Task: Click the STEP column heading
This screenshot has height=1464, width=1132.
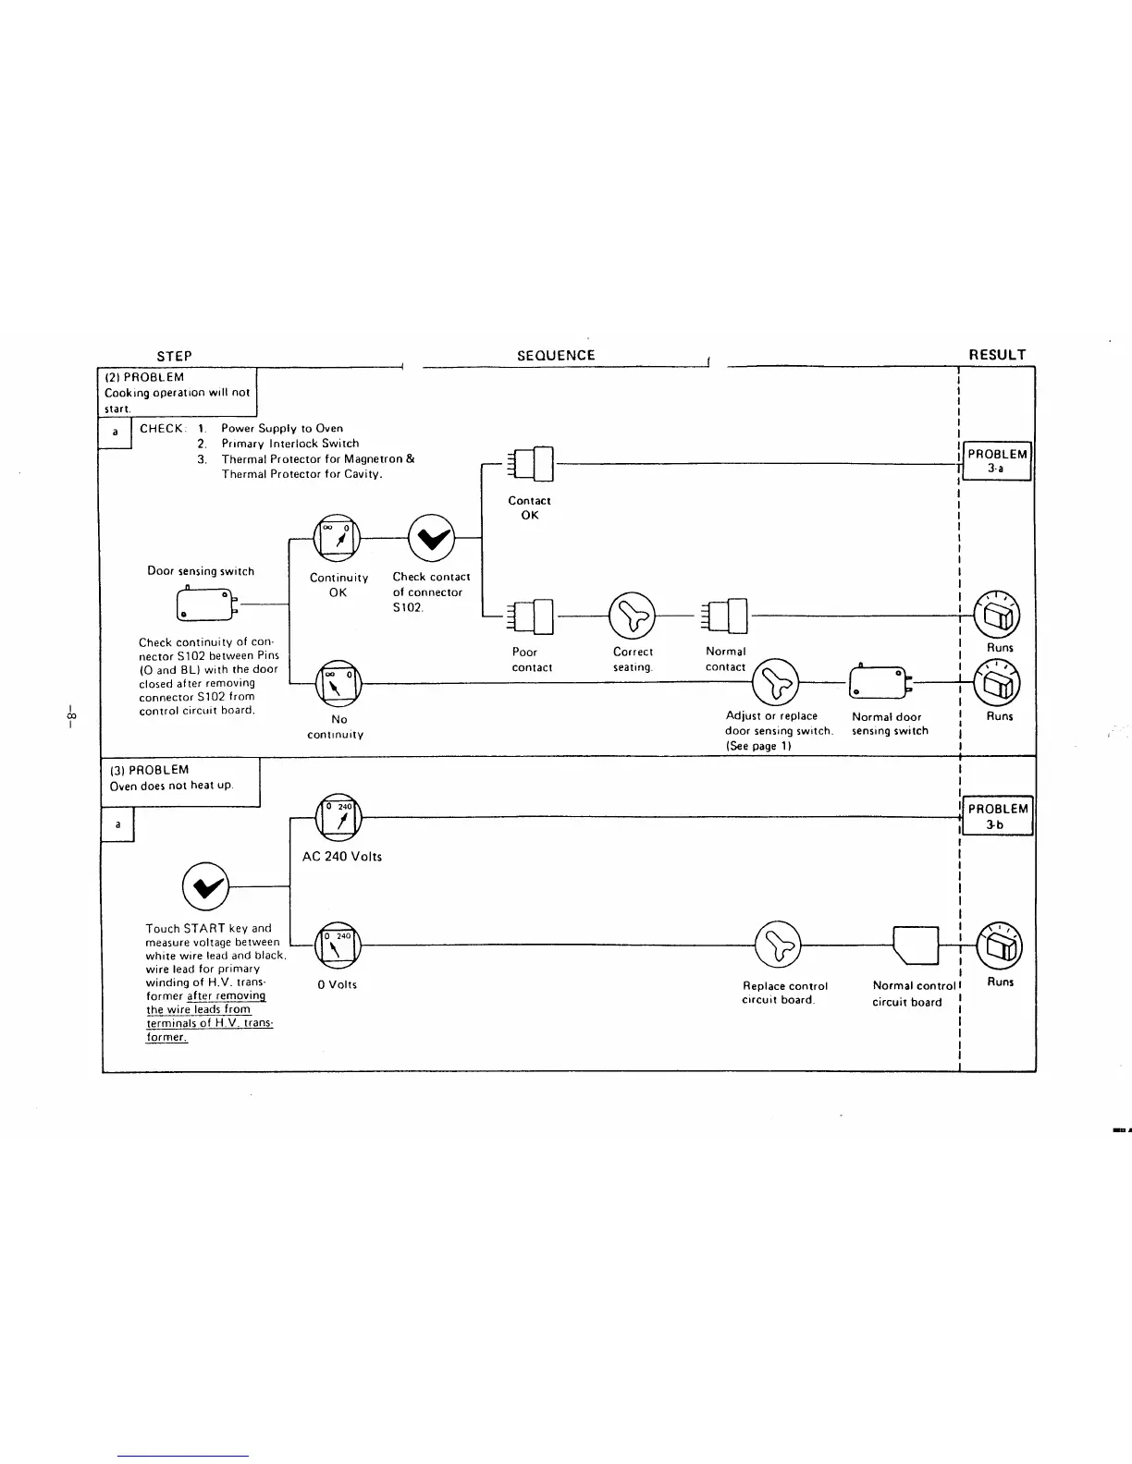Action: [174, 356]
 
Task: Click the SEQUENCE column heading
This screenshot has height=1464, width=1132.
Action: [556, 356]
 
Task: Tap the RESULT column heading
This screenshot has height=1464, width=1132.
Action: [997, 355]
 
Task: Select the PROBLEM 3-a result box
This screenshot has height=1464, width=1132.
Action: [997, 461]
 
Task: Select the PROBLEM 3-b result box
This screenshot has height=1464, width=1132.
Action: [997, 816]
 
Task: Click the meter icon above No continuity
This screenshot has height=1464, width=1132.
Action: [338, 684]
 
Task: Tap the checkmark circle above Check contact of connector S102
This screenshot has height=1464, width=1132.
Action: [432, 538]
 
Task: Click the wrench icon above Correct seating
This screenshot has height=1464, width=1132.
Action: [634, 616]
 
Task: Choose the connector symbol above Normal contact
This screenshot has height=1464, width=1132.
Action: [727, 616]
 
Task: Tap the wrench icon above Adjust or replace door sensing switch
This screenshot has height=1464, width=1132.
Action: [775, 683]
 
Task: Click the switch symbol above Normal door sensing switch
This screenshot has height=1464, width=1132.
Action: [880, 683]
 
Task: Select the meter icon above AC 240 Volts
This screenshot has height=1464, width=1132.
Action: [338, 817]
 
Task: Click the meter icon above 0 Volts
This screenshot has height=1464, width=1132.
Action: [338, 945]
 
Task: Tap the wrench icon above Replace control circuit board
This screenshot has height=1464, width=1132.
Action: [779, 945]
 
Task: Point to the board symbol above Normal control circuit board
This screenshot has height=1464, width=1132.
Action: [917, 945]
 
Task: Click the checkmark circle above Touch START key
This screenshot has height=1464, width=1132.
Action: [206, 886]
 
